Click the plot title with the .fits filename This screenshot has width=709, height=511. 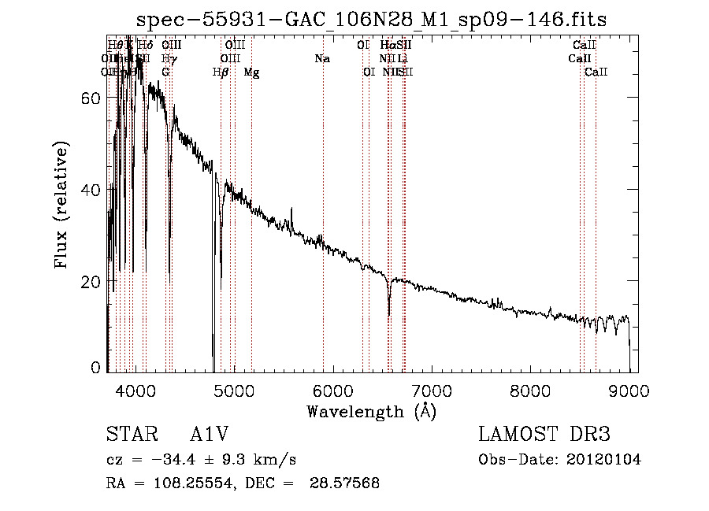tap(371, 20)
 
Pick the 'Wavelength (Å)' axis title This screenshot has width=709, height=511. tap(371, 411)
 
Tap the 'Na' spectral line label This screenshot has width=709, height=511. tap(321, 59)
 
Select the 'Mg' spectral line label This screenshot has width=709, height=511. tap(251, 72)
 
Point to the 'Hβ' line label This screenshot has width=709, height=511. tap(221, 72)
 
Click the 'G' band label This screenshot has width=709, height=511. tap(165, 72)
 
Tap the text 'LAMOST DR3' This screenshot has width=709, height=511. tap(544, 435)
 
